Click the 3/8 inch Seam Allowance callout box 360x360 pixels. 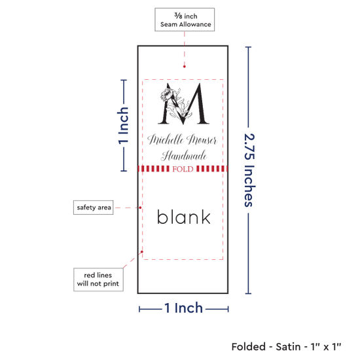click(185, 20)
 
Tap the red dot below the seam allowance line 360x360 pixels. click(185, 67)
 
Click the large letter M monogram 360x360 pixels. click(184, 104)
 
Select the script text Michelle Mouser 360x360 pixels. click(183, 139)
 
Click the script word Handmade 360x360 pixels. click(184, 156)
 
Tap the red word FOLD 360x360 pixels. click(183, 170)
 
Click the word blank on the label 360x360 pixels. click(183, 217)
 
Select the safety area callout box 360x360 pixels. click(93, 207)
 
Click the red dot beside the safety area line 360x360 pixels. click(140, 207)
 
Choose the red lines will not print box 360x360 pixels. click(98, 279)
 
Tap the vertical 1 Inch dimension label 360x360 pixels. click(123, 126)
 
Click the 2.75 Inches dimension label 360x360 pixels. click(249, 170)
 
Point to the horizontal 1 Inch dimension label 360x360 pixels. click(184, 308)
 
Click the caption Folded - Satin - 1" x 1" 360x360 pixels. click(286, 347)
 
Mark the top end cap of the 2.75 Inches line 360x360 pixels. click(248, 47)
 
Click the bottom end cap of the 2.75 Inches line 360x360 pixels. click(248, 293)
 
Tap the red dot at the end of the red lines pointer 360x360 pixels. click(142, 252)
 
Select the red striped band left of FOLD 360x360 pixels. click(154, 169)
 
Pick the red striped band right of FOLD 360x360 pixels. click(212, 169)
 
